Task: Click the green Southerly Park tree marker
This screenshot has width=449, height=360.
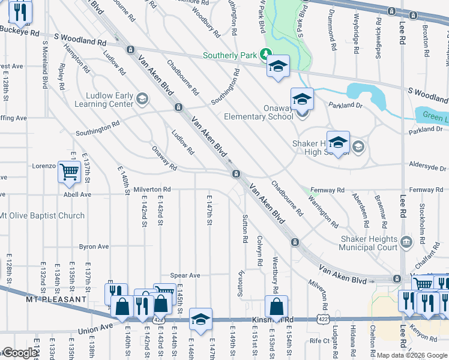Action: [x=265, y=54]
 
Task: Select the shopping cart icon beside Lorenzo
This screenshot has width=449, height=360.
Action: [x=70, y=172]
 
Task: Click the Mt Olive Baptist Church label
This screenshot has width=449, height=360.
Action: [x=42, y=215]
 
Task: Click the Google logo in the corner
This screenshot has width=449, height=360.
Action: [x=19, y=353]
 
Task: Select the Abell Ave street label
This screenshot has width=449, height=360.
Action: [x=77, y=194]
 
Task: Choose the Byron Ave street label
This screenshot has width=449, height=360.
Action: [x=94, y=246]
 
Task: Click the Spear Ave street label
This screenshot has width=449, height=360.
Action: [x=185, y=275]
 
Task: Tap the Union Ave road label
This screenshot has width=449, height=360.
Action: [x=95, y=328]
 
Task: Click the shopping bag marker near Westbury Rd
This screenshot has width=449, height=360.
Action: [x=276, y=307]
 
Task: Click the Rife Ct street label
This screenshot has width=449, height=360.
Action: [x=320, y=341]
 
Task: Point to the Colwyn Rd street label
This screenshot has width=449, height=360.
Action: [x=260, y=246]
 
